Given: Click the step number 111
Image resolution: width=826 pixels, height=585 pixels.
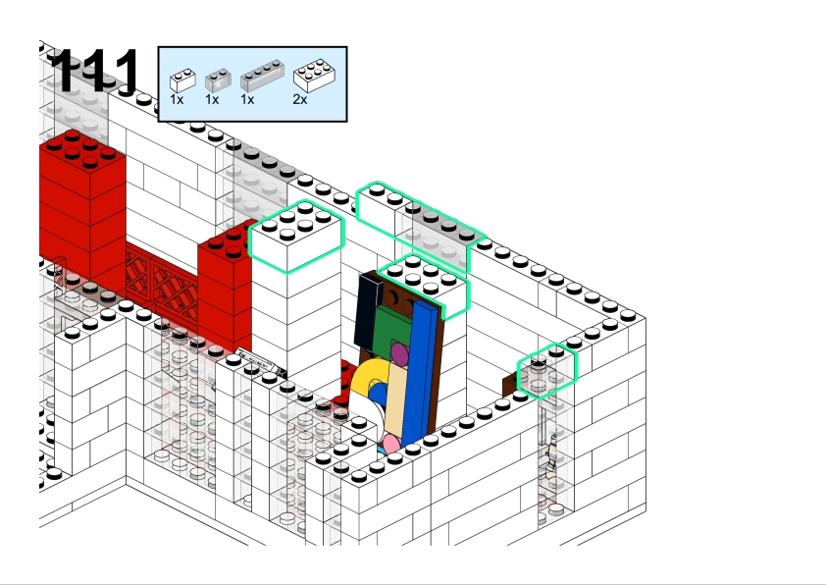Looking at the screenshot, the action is pyautogui.click(x=95, y=71).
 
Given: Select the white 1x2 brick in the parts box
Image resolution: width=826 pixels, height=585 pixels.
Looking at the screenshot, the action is pyautogui.click(x=182, y=80).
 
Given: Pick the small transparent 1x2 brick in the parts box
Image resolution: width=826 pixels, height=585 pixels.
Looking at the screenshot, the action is pyautogui.click(x=218, y=80).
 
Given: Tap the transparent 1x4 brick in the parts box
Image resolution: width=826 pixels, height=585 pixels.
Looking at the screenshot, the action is pyautogui.click(x=262, y=76).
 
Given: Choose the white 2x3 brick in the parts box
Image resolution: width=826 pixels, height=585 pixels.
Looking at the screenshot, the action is pyautogui.click(x=315, y=76).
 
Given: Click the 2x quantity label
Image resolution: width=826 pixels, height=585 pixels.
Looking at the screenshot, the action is pyautogui.click(x=300, y=99).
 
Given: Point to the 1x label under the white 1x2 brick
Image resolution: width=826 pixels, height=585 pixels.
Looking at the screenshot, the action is pyautogui.click(x=177, y=99).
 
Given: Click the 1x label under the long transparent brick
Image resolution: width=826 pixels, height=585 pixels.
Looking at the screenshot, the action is pyautogui.click(x=247, y=99).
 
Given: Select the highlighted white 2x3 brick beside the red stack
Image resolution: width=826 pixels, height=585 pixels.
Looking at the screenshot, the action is pyautogui.click(x=296, y=238).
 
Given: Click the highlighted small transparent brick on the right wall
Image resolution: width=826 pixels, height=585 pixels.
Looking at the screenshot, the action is pyautogui.click(x=547, y=371).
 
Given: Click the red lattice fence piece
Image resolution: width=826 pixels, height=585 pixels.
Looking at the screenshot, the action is pyautogui.click(x=162, y=284).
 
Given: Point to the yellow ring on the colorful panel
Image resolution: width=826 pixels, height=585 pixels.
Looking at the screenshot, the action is pyautogui.click(x=365, y=379).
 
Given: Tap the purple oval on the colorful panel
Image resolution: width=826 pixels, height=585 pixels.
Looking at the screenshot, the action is pyautogui.click(x=400, y=353).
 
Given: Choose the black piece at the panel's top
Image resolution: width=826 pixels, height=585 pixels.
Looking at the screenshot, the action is pyautogui.click(x=367, y=311).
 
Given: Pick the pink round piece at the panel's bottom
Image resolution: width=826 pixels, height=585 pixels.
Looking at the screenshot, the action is pyautogui.click(x=390, y=445).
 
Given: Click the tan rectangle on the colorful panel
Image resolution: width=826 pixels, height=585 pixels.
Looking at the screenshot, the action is pyautogui.click(x=395, y=400).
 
